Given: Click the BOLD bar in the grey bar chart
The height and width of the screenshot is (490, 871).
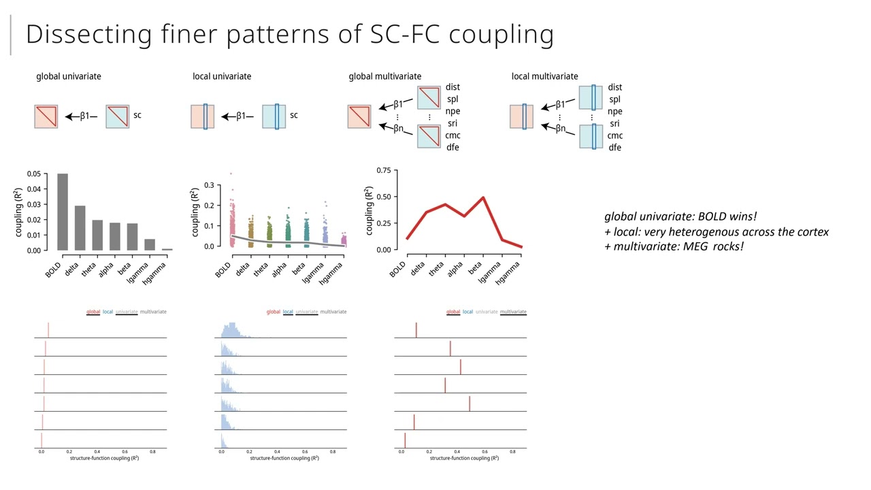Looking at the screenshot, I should [x=63, y=212].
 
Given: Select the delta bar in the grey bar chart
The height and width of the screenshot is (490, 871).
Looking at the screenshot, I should [x=80, y=228].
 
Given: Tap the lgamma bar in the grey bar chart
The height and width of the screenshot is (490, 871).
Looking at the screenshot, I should [x=149, y=245].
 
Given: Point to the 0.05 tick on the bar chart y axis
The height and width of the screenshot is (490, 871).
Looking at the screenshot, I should [x=33, y=174].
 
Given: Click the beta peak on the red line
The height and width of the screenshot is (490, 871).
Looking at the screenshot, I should [x=483, y=198].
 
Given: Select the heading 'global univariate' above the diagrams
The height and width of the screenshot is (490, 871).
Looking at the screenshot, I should [x=68, y=76].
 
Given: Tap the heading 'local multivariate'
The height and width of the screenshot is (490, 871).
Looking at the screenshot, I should [x=544, y=76].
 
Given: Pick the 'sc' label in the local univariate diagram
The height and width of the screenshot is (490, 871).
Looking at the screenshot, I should [x=294, y=115].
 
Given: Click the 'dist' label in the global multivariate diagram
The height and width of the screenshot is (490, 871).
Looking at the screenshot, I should [x=453, y=87].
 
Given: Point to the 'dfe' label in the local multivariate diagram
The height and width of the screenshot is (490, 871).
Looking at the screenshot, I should [x=614, y=148].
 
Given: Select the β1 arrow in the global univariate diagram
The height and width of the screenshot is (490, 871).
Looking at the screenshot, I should [x=82, y=116].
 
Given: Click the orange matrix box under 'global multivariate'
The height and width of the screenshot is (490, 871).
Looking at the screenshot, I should [x=359, y=116].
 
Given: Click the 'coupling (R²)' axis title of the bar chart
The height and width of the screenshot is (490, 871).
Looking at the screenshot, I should [x=20, y=212].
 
